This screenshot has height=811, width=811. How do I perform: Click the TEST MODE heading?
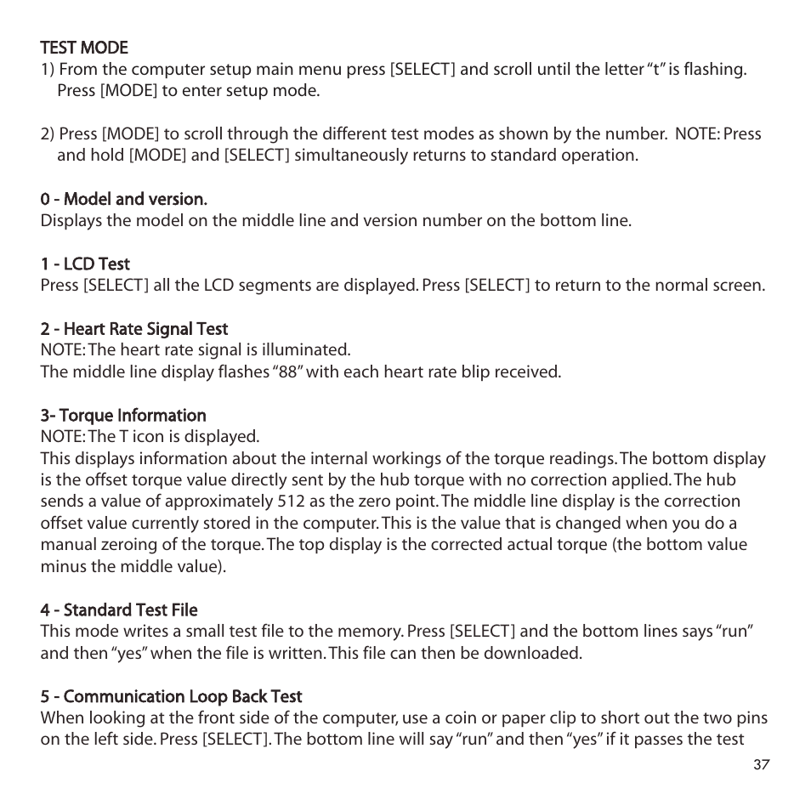pos(84,48)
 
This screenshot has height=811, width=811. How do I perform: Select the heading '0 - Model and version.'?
pos(123,199)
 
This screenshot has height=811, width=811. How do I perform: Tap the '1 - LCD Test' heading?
pos(85,264)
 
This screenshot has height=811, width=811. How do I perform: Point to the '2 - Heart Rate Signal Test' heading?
pos(134,328)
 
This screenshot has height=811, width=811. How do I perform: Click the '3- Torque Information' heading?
pos(123,415)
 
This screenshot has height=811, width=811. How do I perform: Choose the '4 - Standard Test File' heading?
pos(119,610)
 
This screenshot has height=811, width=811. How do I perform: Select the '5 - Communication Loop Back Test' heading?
pos(171,696)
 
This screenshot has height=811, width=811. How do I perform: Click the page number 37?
pos(761,765)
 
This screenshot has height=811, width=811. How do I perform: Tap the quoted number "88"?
pos(287,371)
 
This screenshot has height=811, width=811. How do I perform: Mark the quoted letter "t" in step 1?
pos(655,69)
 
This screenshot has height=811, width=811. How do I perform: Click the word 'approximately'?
pos(213,502)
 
